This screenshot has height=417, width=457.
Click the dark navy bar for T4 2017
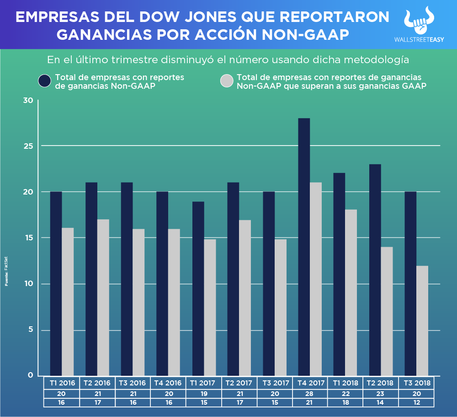[304, 247]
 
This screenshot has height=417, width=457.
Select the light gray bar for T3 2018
[422, 320]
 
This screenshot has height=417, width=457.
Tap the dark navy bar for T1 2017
[198, 288]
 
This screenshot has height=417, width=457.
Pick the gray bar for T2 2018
[387, 311]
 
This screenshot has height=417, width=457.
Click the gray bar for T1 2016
[68, 302]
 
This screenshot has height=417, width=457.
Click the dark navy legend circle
[45, 81]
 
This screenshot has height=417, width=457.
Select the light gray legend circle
[227, 81]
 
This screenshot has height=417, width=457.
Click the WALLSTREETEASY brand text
[419, 40]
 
